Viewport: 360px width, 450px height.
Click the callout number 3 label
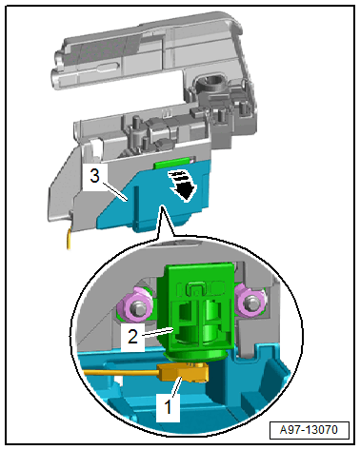tap(94, 176)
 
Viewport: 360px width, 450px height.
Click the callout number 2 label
tap(132, 337)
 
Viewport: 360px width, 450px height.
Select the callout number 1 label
tap(169, 407)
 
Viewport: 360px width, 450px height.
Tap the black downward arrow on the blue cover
tap(184, 186)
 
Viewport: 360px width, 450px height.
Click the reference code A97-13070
tap(310, 430)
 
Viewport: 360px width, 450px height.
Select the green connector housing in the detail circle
tap(198, 311)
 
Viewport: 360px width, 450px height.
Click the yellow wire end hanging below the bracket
tap(69, 240)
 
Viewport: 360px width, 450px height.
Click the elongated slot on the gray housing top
tap(108, 67)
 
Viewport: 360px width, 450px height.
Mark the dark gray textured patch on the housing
tap(105, 50)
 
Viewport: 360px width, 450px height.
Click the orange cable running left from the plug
tap(121, 372)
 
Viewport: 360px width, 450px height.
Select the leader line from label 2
tap(159, 332)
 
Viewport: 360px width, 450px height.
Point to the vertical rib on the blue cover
tap(136, 205)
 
